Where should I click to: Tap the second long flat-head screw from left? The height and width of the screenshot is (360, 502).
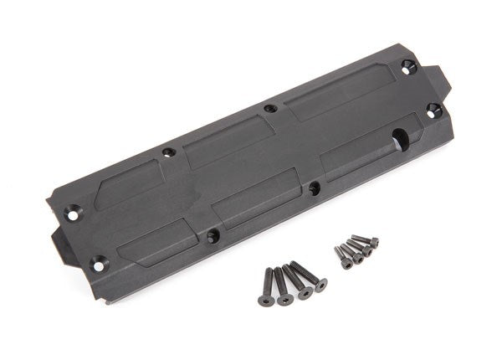pyautogui.click(x=282, y=284)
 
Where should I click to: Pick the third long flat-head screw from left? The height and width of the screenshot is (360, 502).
pyautogui.click(x=296, y=280)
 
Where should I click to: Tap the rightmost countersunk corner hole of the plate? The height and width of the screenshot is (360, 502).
pyautogui.click(x=433, y=109)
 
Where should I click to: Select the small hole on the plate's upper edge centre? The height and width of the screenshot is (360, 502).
pyautogui.click(x=269, y=108)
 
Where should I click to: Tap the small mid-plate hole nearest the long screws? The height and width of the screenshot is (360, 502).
pyautogui.click(x=313, y=188)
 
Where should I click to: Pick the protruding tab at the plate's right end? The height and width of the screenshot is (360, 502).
pyautogui.click(x=442, y=80)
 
